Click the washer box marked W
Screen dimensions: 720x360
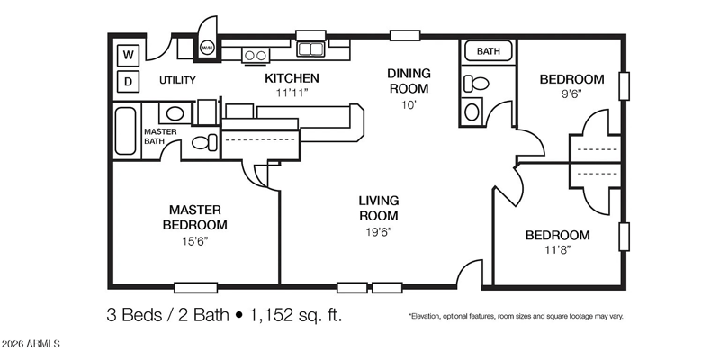[129, 56]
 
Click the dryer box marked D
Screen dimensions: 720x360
[129, 82]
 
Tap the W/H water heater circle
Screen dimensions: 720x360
[206, 48]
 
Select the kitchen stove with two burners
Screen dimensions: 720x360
[256, 55]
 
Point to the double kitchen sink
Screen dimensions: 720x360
[310, 49]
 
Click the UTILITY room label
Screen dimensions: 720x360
[177, 80]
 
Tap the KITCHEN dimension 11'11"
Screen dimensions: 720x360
[292, 93]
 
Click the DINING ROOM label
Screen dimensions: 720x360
[409, 81]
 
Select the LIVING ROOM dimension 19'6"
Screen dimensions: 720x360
[378, 231]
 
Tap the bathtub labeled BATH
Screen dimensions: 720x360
[488, 51]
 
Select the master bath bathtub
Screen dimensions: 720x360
[125, 130]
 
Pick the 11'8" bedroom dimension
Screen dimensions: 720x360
[558, 250]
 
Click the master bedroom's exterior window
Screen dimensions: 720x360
[195, 287]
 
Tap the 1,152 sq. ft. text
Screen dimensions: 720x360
[296, 316]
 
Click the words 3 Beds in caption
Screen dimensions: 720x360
[134, 316]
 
